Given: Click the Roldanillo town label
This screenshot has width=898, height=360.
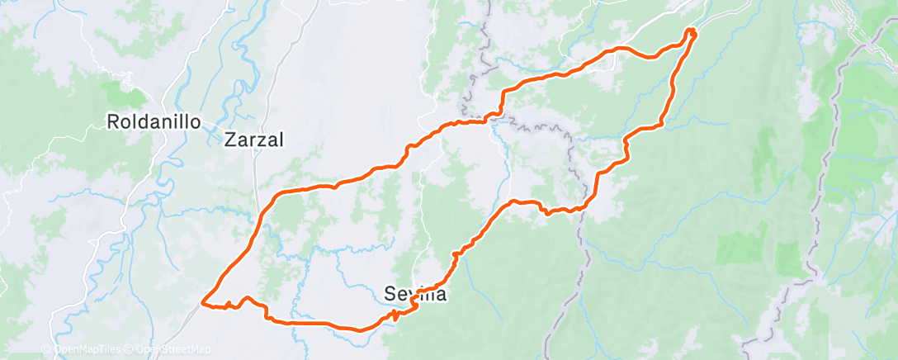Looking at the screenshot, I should pyautogui.click(x=154, y=122).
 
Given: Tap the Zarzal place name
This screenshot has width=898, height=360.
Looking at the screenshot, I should pyautogui.click(x=254, y=140).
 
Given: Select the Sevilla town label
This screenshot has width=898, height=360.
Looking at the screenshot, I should pyautogui.click(x=416, y=293).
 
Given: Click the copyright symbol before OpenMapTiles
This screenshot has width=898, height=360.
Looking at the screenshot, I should pyautogui.click(x=47, y=349).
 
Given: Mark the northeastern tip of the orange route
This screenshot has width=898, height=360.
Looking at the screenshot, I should pyautogui.click(x=692, y=31).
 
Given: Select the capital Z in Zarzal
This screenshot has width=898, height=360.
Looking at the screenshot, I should pyautogui.click(x=230, y=140).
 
